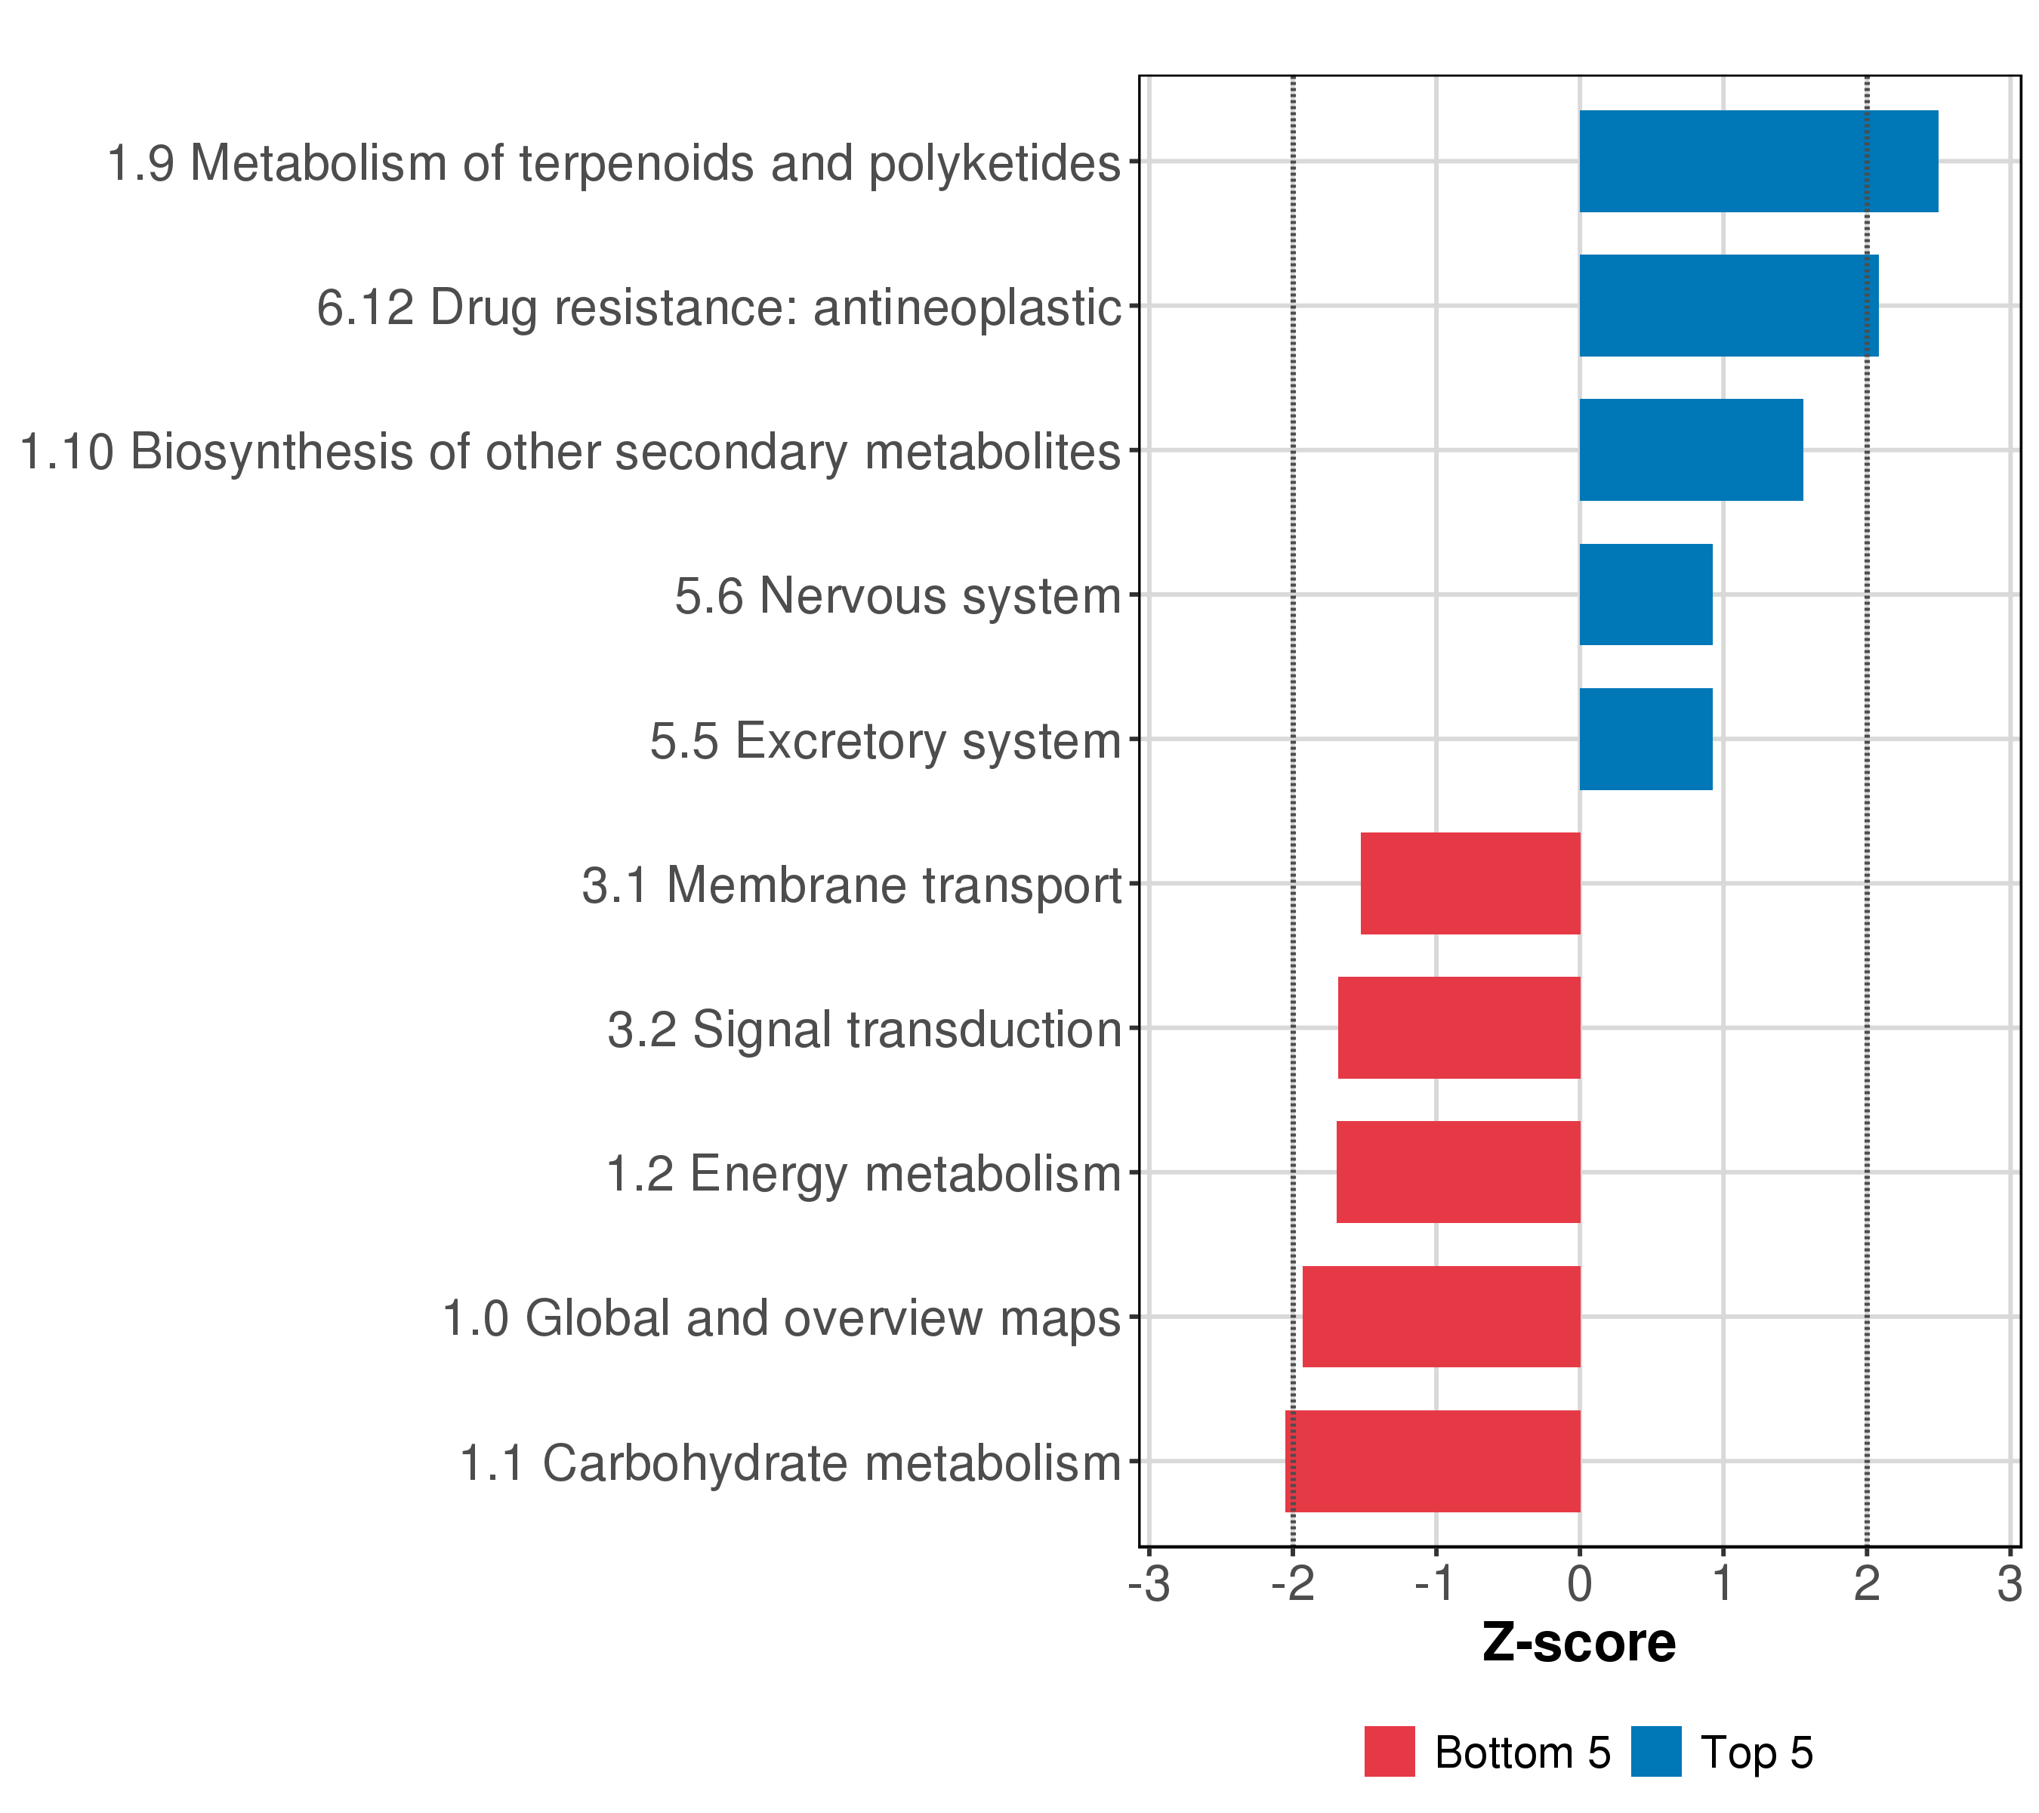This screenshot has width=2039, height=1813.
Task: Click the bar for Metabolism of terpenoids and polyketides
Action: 1757,162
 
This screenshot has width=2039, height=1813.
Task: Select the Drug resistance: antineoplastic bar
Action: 1728,305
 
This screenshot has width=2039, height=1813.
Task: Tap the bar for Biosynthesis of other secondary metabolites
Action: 1690,450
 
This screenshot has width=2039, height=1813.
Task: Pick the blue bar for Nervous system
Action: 1645,595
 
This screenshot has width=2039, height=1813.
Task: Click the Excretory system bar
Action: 1645,740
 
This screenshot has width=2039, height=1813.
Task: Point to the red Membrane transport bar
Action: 1470,883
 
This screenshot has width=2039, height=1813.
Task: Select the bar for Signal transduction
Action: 1458,1027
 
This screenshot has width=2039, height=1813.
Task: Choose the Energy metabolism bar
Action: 1458,1172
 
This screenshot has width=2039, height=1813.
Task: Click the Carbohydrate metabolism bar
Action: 1432,1461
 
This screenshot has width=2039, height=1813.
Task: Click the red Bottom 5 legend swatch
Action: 1390,1751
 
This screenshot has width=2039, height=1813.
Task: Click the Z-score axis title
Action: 1578,1642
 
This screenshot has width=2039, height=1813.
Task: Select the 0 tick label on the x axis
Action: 1579,1585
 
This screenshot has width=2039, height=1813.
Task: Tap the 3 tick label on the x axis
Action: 2009,1585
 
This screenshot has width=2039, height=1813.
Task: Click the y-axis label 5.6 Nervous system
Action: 898,597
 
